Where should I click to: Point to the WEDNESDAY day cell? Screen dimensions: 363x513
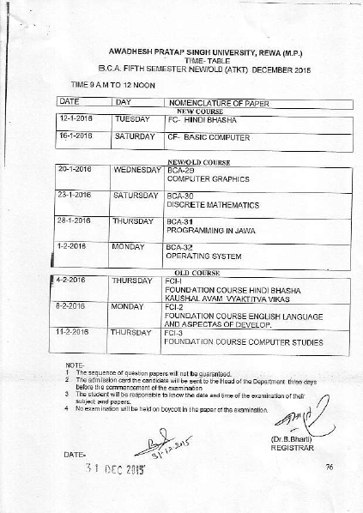click(137, 170)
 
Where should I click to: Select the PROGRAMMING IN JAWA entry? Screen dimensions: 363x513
click(207, 231)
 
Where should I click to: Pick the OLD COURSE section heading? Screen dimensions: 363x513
click(198, 273)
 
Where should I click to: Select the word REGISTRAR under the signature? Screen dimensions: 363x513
click(293, 447)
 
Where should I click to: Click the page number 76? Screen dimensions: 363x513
click(329, 466)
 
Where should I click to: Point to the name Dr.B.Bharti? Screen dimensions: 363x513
click(292, 439)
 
